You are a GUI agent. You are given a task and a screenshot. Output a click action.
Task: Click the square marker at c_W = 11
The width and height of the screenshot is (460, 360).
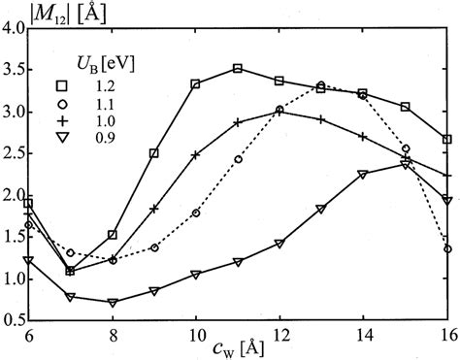(238, 69)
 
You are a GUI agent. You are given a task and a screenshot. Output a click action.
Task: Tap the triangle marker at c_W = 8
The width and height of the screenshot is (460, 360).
(113, 302)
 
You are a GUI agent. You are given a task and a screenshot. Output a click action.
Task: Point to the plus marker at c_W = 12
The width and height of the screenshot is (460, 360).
(279, 112)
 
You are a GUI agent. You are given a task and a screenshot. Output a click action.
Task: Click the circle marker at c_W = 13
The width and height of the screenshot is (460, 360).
(321, 85)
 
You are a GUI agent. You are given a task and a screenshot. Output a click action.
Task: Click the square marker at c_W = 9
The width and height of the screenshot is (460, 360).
(154, 153)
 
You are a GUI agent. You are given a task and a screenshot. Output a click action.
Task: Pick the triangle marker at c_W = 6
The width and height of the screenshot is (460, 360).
(29, 260)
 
